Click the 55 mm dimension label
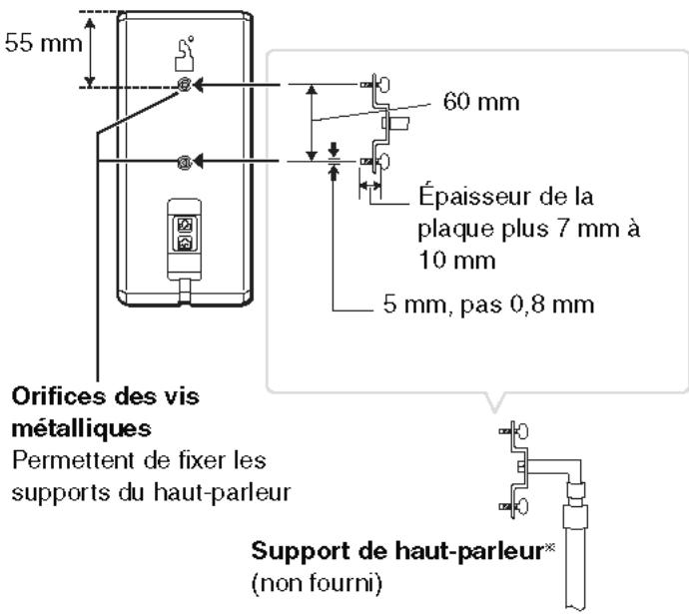pyautogui.click(x=32, y=48)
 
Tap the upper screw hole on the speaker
pyautogui.click(x=184, y=87)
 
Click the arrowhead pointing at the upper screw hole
pyautogui.click(x=203, y=87)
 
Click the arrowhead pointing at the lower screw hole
pyautogui.click(x=203, y=162)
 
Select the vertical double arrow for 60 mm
pyautogui.click(x=313, y=121)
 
